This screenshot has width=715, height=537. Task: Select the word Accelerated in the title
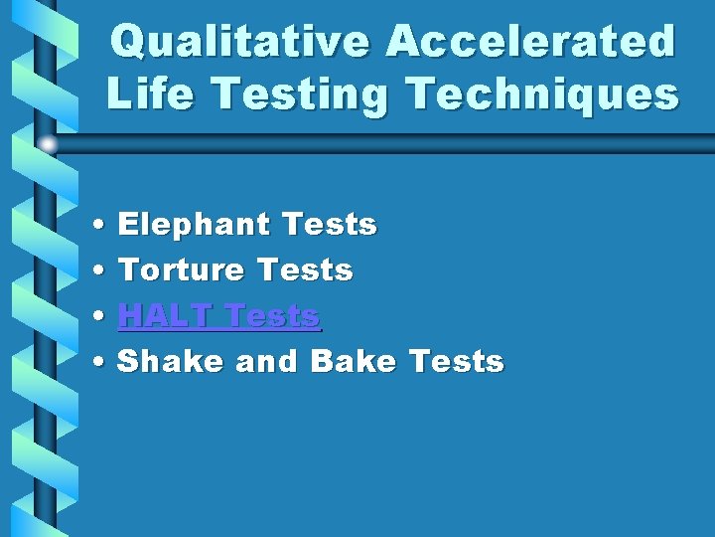point(531,43)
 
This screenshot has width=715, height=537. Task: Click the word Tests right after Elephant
point(329,225)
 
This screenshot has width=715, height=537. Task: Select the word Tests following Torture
point(305,269)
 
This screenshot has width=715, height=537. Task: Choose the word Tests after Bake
point(456,361)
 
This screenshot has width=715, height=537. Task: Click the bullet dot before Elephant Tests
point(104,226)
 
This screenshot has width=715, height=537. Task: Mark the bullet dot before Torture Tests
point(104,270)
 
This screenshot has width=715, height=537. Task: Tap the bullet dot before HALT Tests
point(104,317)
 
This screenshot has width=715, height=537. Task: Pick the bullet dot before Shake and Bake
point(104,362)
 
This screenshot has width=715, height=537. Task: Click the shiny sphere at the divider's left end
point(48,144)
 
